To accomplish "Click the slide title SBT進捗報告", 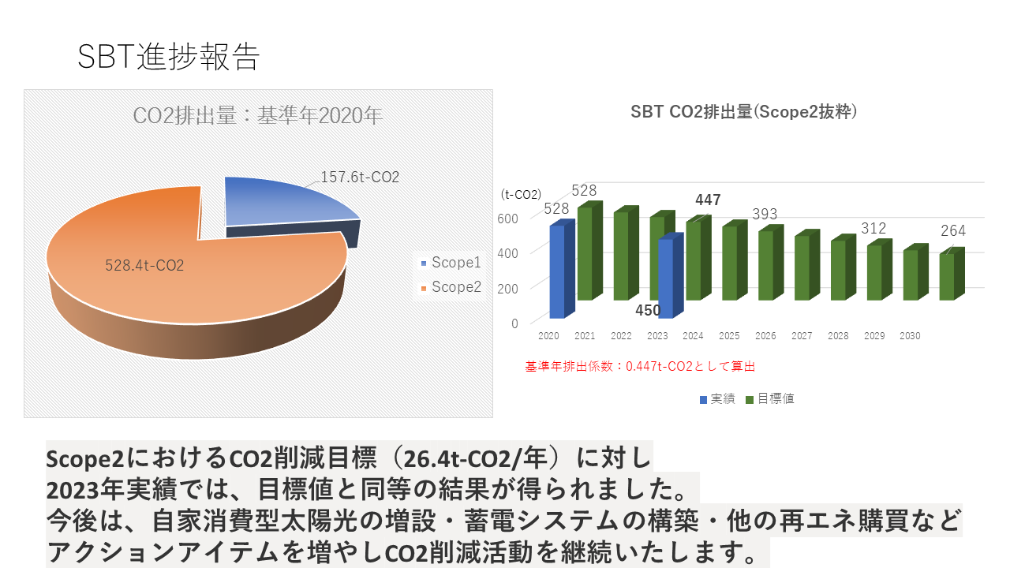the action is [x=169, y=57].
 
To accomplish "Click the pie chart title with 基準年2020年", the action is [x=258, y=115].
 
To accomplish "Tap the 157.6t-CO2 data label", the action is [x=360, y=177].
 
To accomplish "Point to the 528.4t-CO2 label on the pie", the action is [x=144, y=265].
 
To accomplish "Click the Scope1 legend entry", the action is [x=451, y=263].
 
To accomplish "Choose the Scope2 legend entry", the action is [x=451, y=286].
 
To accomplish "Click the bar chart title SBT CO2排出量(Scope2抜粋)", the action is [x=743, y=112].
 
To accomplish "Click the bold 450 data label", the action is [x=648, y=310].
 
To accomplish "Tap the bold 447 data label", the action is [x=708, y=200].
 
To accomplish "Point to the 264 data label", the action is [x=953, y=231].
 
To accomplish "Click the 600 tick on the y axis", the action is [x=507, y=219].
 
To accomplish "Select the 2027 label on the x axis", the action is [x=802, y=336].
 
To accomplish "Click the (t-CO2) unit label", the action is [x=521, y=194].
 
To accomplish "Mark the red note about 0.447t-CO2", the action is [x=640, y=366].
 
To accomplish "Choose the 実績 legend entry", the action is [x=717, y=399].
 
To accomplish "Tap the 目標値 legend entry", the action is [x=770, y=398].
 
